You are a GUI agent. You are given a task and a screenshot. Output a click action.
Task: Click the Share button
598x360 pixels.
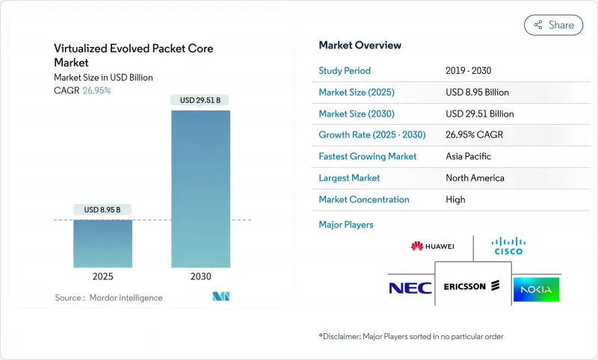click(553, 25)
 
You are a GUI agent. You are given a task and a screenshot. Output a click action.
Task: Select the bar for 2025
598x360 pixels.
click(103, 243)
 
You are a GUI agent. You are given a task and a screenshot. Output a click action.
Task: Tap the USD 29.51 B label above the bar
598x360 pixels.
click(200, 100)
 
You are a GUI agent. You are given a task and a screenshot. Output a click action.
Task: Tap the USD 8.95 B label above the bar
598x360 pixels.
click(103, 209)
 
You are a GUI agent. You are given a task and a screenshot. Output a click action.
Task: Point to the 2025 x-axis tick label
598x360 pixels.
click(103, 276)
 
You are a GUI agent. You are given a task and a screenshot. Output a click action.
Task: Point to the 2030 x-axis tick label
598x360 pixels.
click(200, 276)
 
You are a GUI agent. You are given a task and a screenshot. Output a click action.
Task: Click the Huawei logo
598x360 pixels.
click(432, 246)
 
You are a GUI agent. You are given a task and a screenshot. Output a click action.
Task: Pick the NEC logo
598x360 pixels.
click(410, 288)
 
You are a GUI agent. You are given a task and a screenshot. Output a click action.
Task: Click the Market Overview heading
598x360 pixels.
click(360, 46)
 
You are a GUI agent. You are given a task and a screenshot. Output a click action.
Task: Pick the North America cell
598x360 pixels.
click(474, 178)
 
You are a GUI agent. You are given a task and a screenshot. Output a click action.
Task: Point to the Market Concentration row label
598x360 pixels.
click(363, 199)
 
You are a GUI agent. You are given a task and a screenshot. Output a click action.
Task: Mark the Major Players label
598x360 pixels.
click(345, 224)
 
